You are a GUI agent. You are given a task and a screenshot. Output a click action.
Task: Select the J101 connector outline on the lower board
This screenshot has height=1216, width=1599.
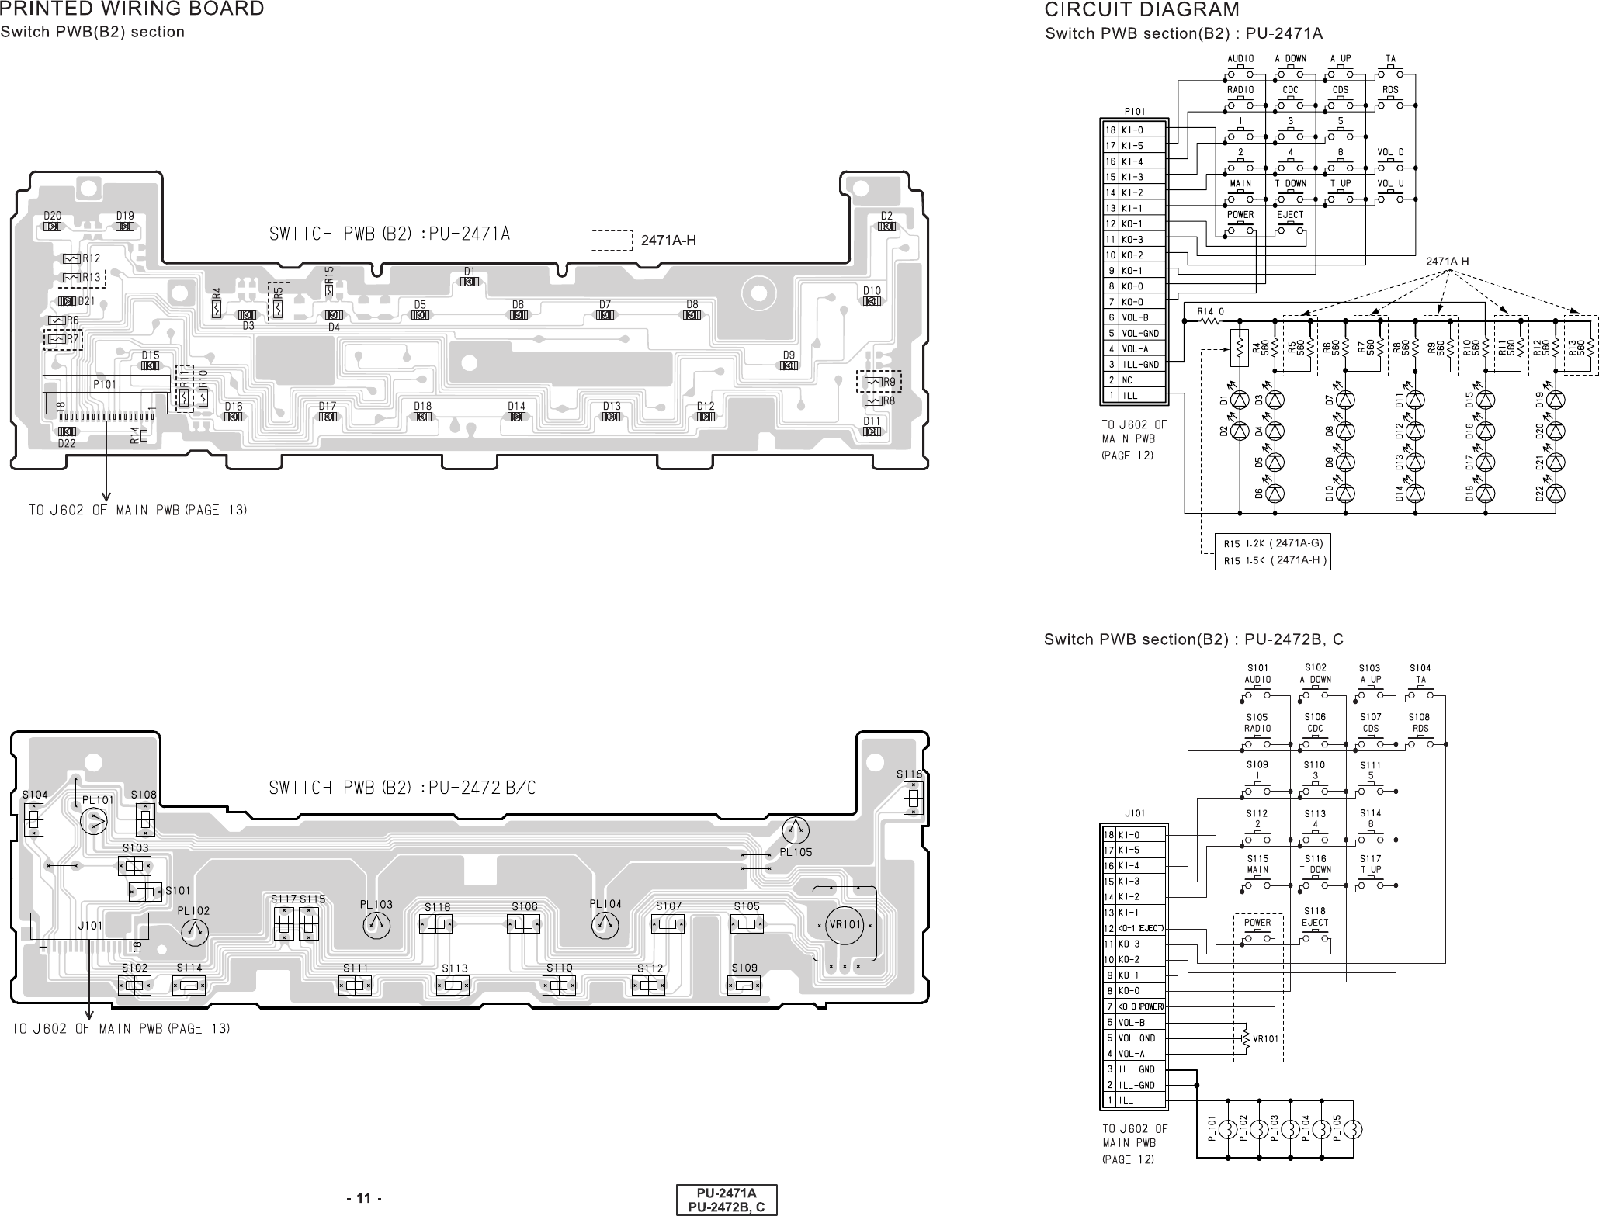pyautogui.click(x=89, y=926)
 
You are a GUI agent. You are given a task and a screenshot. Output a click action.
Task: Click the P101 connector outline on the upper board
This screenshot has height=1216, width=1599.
pyautogui.click(x=106, y=384)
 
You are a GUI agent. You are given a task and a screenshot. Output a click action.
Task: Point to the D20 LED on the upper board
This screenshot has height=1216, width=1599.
pyautogui.click(x=53, y=227)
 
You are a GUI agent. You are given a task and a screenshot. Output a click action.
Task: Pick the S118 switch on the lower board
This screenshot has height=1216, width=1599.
pyautogui.click(x=914, y=798)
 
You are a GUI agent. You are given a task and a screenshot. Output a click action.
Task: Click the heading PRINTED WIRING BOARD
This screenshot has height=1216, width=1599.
pyautogui.click(x=132, y=9)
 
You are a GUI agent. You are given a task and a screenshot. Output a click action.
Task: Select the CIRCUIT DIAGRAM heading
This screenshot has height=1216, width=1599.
pyautogui.click(x=1142, y=9)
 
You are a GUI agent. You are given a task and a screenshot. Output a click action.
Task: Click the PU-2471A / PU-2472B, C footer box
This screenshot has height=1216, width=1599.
pyautogui.click(x=726, y=1199)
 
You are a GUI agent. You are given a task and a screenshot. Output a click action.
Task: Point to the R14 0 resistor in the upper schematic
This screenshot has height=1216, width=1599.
pyautogui.click(x=1210, y=320)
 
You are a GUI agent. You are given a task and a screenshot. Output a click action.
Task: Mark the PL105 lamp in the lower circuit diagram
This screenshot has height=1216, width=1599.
pyautogui.click(x=1352, y=1129)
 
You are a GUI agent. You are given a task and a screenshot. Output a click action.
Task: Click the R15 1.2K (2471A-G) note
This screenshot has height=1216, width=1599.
pyautogui.click(x=1272, y=542)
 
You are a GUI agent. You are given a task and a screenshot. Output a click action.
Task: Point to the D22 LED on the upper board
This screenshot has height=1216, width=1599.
pyautogui.click(x=67, y=431)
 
